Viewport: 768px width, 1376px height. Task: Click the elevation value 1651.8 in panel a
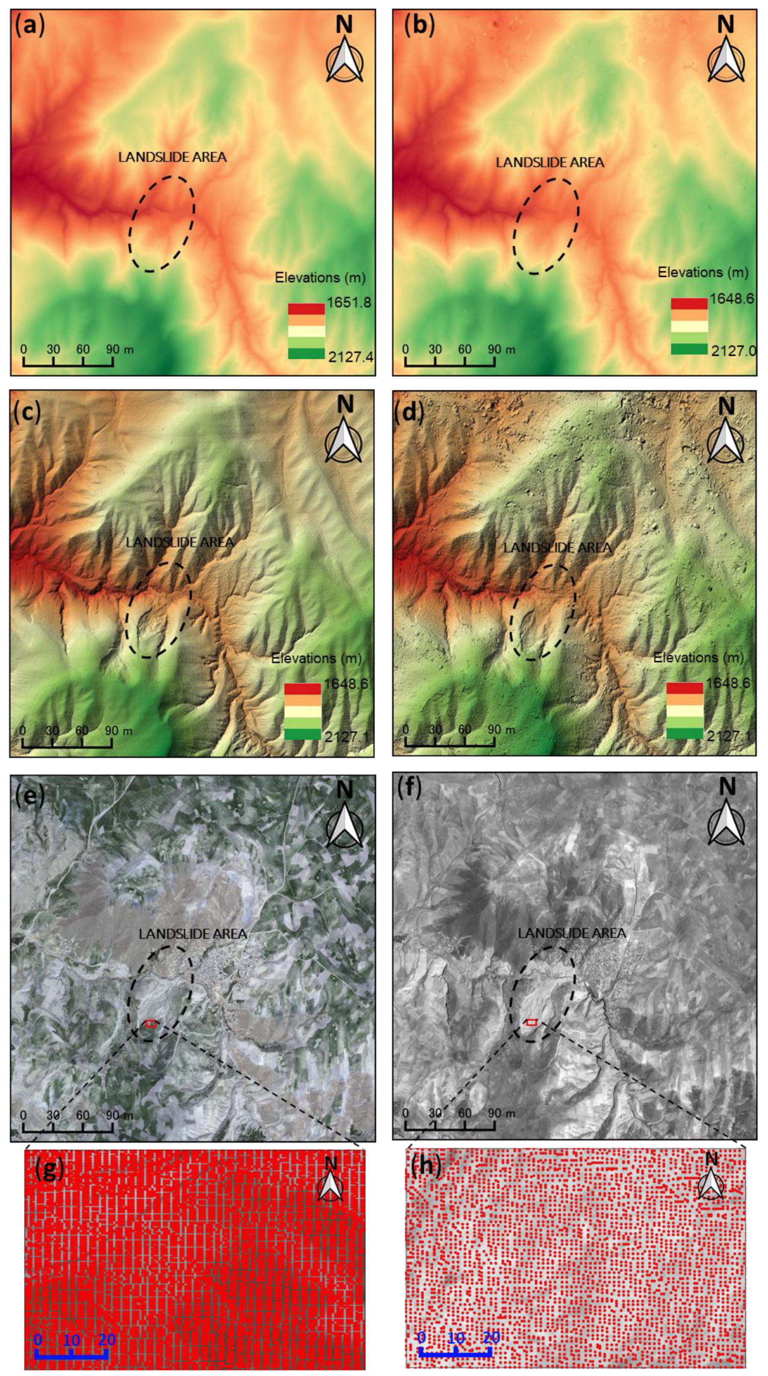point(349,303)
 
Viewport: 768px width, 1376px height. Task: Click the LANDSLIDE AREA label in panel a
point(172,157)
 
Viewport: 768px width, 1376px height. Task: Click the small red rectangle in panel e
point(151,1024)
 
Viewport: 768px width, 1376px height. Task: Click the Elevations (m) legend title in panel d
point(699,657)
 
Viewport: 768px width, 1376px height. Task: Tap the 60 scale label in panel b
point(465,350)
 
